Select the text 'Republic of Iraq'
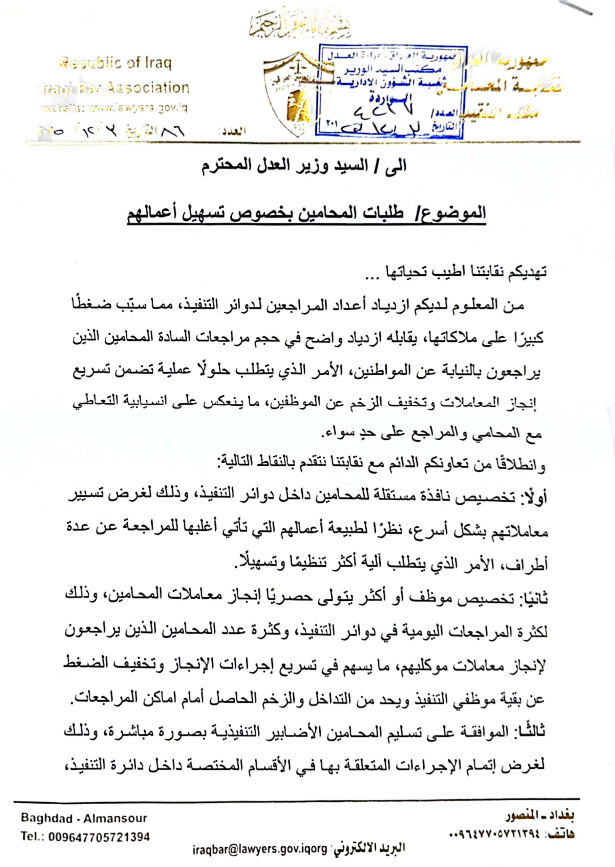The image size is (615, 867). (115, 64)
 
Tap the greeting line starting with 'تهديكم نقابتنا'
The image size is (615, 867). (454, 273)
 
